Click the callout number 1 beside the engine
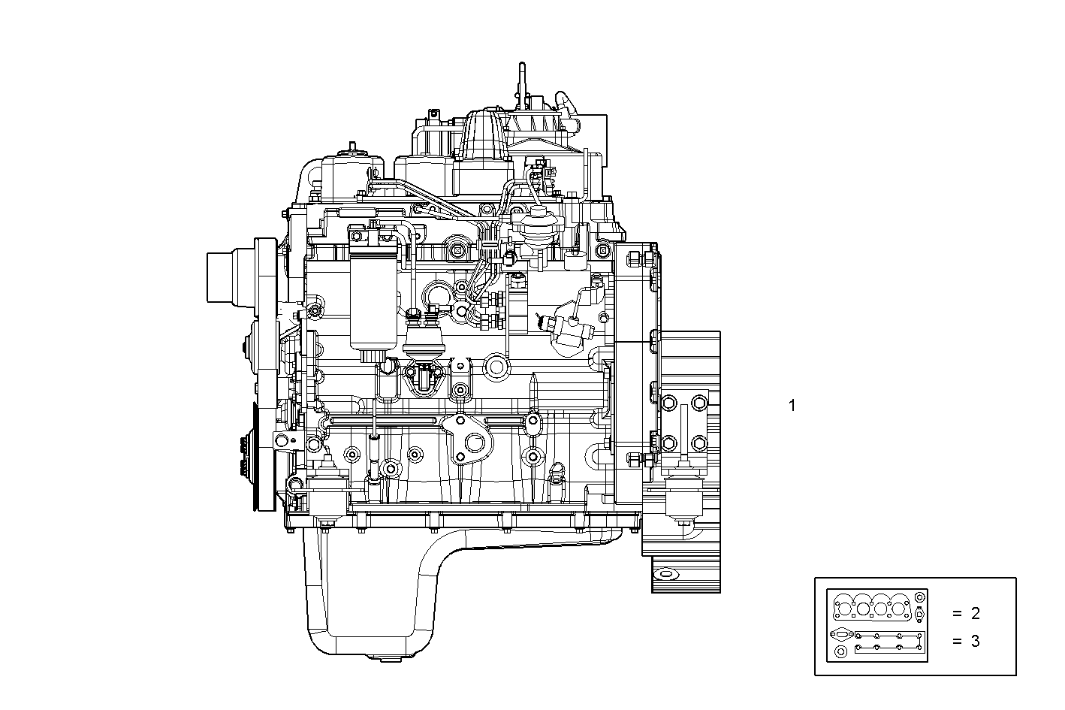point(792,406)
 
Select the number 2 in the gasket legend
point(975,614)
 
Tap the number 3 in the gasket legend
point(975,642)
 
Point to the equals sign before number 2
point(956,614)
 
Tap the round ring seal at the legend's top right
point(921,598)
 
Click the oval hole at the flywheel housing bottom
point(665,574)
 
